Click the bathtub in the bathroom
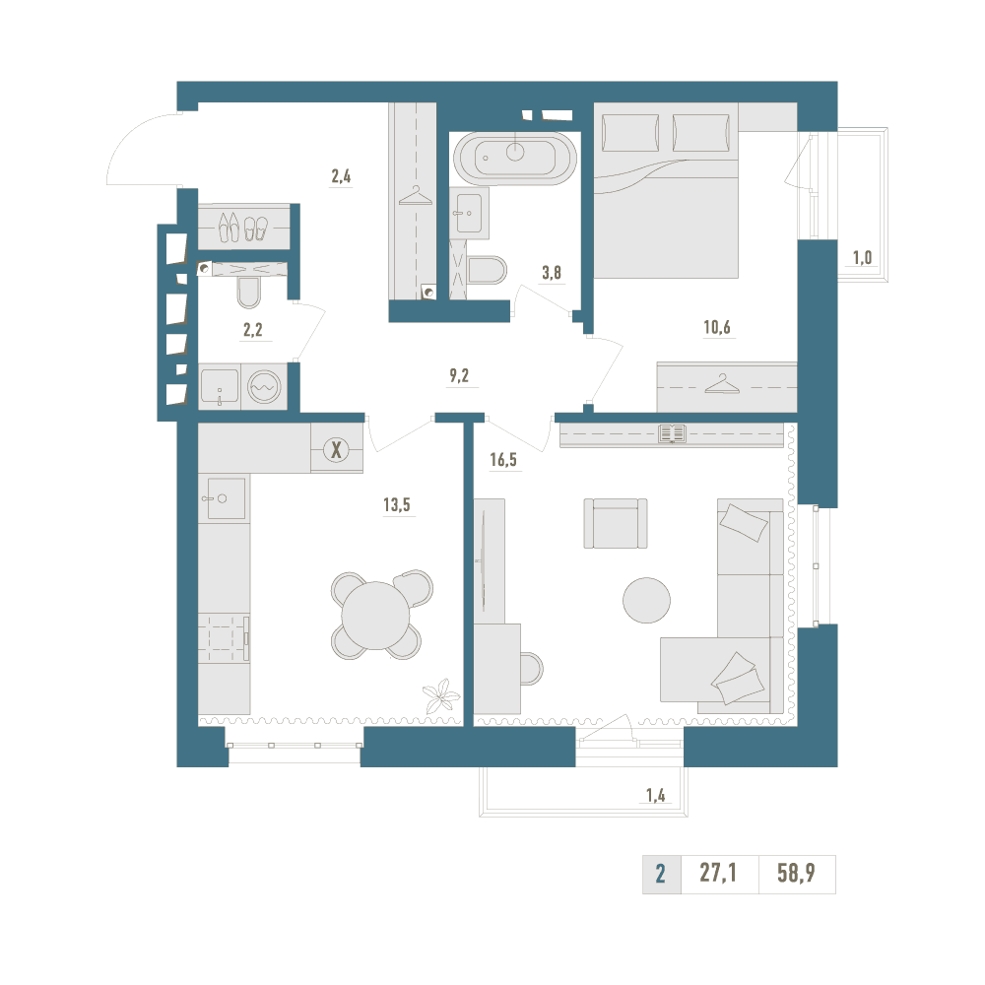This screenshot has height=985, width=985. (x=514, y=159)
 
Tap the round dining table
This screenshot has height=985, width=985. (x=375, y=616)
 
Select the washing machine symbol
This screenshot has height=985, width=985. (x=264, y=387)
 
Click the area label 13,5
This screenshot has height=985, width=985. (x=396, y=504)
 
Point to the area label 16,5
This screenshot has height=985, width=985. (x=503, y=460)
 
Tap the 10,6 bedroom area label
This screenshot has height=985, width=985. (x=717, y=327)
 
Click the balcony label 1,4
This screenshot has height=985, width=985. (x=655, y=795)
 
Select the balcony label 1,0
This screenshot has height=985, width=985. (x=862, y=257)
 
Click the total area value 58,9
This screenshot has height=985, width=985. (x=796, y=873)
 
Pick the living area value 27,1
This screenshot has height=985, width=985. (x=718, y=873)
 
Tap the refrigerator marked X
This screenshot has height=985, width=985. (x=337, y=449)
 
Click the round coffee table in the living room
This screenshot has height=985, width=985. (x=646, y=601)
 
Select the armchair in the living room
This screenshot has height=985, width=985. (x=616, y=523)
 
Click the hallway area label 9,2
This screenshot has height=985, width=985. (x=459, y=375)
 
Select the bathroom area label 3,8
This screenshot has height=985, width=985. (x=552, y=273)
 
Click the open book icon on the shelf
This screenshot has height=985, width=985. (x=672, y=433)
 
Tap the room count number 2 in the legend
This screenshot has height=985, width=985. (x=660, y=874)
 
